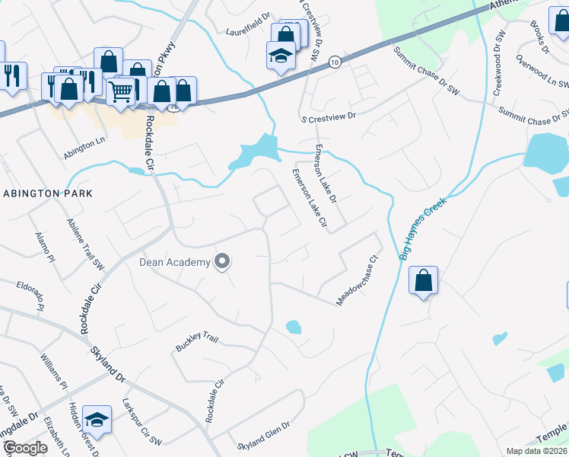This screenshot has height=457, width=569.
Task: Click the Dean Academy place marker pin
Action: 222,262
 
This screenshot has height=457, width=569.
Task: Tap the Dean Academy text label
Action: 174,263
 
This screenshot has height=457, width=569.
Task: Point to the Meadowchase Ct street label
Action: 358,280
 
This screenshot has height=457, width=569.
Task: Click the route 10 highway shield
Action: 335,61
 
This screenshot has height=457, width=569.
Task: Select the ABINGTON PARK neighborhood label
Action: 47,193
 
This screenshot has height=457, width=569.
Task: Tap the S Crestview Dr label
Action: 328,119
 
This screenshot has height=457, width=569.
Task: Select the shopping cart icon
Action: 120,91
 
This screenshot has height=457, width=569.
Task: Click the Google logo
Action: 25,448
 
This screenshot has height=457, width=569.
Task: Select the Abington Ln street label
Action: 84,142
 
